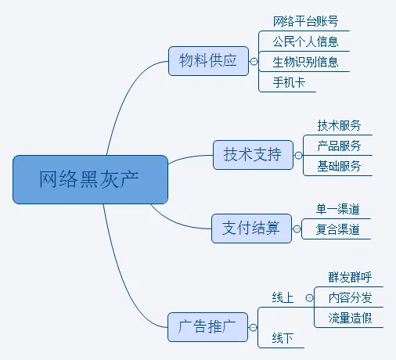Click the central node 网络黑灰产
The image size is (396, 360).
pos(90,179)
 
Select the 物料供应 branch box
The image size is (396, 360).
pos(208,61)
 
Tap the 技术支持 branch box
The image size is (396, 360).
pos(253,155)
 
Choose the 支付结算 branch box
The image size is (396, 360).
pos(251,229)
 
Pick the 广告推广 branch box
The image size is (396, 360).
pos(207,327)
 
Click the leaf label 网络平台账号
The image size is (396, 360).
pos(305,21)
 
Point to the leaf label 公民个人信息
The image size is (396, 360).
pos(305,41)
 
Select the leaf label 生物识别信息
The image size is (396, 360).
pos(305,62)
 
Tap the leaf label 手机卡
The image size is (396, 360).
pos(289,82)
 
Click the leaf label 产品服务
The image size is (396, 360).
pos(339,146)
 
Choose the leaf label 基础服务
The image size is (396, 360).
pos(339,166)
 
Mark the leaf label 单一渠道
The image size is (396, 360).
pos(337,209)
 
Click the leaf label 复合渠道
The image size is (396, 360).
pos(337,229)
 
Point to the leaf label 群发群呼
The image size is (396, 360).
pos(350,277)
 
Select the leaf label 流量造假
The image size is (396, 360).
pos(350,318)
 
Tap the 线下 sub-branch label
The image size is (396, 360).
pos(283,338)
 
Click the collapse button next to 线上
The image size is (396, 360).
pos(309,297)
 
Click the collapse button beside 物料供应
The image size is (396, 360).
pos(254,62)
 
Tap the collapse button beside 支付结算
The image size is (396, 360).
pos(297,229)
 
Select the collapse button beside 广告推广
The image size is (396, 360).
pos(253,328)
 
